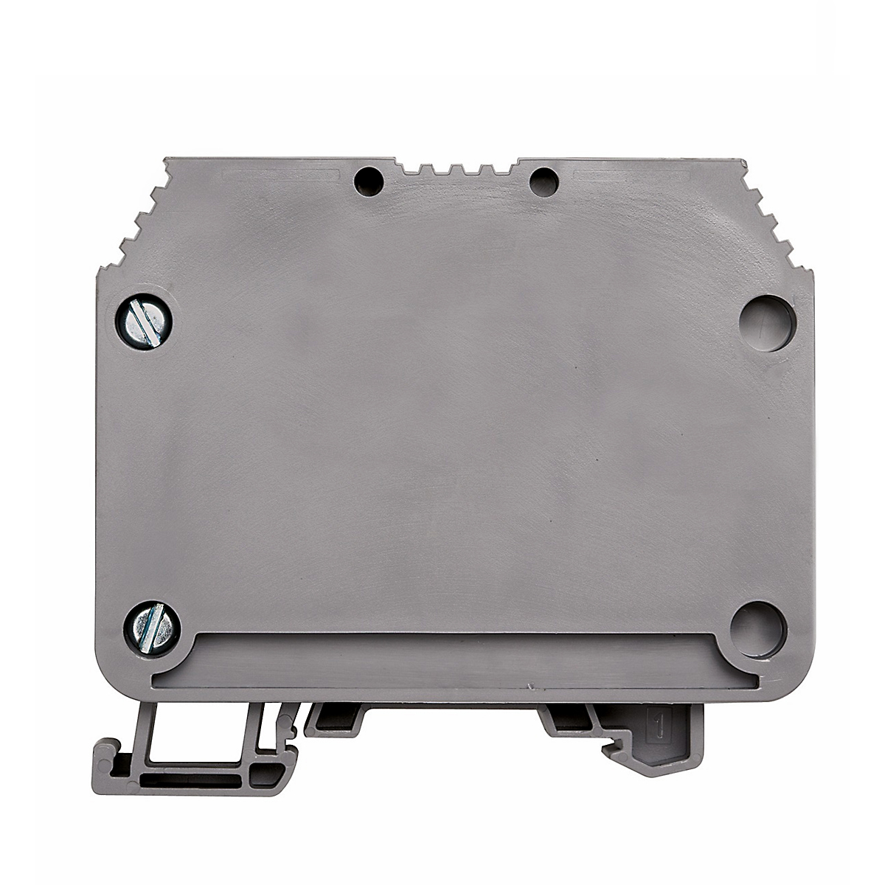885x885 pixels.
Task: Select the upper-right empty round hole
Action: coord(768,322)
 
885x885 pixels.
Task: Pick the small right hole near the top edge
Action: coord(543,180)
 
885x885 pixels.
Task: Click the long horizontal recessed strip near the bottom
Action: coord(457,662)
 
